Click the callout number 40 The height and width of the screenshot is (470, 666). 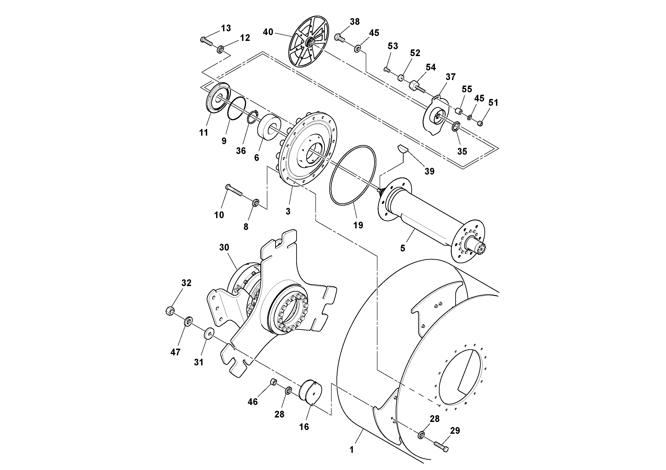(268, 32)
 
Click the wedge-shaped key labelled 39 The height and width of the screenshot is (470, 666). (403, 149)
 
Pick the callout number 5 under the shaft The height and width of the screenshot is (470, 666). (403, 248)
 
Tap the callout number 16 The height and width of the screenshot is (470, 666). (304, 427)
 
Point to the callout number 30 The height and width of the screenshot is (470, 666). (224, 247)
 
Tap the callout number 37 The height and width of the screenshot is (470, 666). (451, 77)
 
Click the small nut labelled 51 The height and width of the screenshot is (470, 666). (480, 123)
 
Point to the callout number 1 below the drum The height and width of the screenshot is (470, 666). (351, 450)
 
